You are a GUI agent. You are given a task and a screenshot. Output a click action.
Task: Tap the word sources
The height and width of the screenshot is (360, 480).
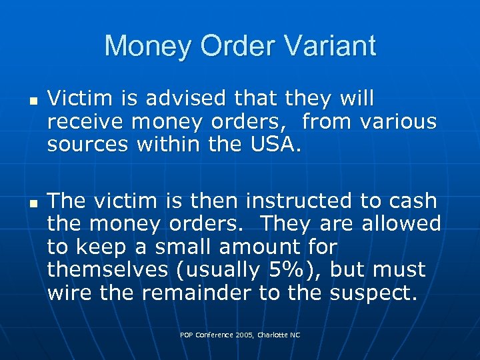[x=89, y=145]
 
